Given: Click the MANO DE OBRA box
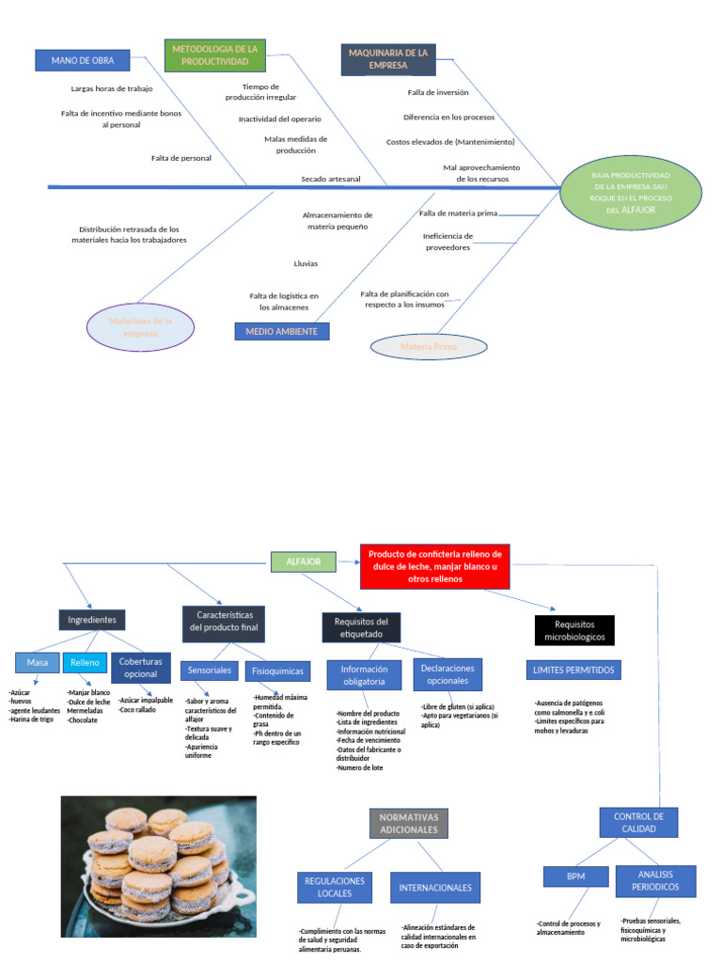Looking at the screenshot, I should coord(89,60).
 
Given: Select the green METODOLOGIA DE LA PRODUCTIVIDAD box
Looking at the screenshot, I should coord(215,55).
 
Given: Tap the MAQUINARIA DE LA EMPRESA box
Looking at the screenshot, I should coord(388,59).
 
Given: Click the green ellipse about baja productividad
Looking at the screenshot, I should coord(630,193).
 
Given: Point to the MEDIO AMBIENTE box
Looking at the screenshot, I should coord(281,331).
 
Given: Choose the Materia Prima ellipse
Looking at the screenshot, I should coord(429,347).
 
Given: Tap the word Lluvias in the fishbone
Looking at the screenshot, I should coord(306,263).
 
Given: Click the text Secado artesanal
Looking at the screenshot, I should coord(330,179).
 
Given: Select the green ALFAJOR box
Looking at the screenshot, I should coord(303,561).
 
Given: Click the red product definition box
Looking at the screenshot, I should coord(434,566).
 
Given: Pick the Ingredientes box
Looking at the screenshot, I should coord(92,621).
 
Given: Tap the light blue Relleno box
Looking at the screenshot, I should coord(85,663).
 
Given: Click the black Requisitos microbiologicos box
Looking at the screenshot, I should coord(573,630).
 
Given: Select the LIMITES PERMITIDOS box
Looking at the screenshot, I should coord(573,670).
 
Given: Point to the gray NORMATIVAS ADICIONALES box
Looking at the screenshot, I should coord(408,823).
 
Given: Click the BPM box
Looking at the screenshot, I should coord(575,876).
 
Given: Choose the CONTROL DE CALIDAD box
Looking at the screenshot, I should coord(638,823).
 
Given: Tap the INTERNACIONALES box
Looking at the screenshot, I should coord(435,887).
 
